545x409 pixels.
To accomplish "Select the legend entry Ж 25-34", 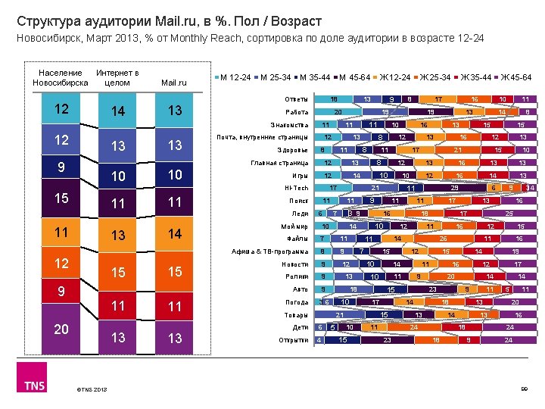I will (x=437, y=77).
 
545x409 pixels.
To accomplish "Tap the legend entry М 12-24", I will (x=236, y=77).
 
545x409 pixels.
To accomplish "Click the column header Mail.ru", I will (x=174, y=83).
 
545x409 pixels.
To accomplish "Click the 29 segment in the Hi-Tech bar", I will (x=454, y=188).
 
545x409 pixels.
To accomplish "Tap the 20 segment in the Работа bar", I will (x=338, y=112).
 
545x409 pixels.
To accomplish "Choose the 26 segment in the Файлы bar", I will (x=442, y=239).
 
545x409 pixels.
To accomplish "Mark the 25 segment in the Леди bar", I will (x=509, y=214).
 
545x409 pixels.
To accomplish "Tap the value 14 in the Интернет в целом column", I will (x=117, y=111).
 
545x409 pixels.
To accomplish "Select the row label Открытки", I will (x=294, y=340).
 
